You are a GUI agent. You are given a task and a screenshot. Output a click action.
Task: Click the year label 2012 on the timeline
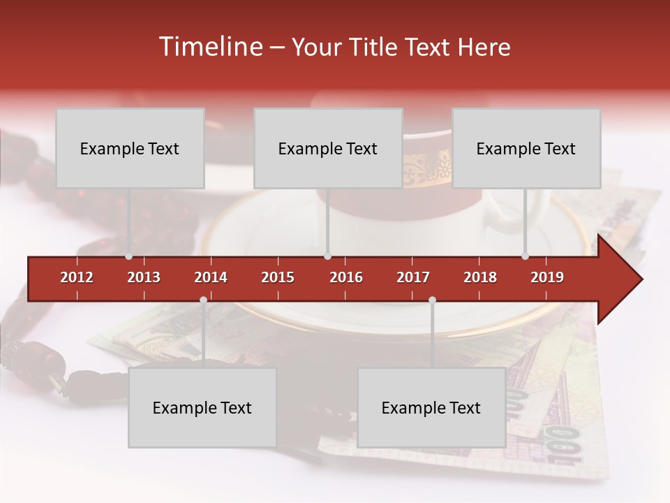pos(77,277)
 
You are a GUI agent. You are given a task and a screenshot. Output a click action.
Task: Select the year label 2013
pos(144,277)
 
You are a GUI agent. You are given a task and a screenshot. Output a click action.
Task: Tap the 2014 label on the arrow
pos(211,277)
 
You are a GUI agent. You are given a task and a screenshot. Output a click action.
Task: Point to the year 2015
pos(278,277)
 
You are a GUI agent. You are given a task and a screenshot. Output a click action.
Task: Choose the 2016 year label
pos(346,277)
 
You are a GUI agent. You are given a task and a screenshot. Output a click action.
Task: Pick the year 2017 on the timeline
pos(413,277)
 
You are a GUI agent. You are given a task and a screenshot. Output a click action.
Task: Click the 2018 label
pos(480,277)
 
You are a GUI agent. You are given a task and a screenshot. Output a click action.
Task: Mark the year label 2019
pos(547,277)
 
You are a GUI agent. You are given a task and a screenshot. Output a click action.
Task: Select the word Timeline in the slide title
pos(209,47)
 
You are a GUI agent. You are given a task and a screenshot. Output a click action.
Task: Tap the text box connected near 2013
pos(130,148)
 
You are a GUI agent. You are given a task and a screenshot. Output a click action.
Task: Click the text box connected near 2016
pos(328,148)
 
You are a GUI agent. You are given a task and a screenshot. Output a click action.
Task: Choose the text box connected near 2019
pos(526,148)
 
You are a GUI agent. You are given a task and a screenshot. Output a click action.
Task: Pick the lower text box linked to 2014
pos(202,408)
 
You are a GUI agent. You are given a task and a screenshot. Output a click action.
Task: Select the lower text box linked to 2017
pos(431,408)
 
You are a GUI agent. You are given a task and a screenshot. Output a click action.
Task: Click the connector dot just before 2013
pos(129,256)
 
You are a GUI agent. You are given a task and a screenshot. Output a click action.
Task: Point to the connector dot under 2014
pos(203,300)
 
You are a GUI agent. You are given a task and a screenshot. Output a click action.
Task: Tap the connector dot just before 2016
pos(327,256)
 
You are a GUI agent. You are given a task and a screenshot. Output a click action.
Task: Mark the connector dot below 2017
pos(432,300)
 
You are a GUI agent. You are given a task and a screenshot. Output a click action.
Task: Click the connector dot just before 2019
pos(525,256)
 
